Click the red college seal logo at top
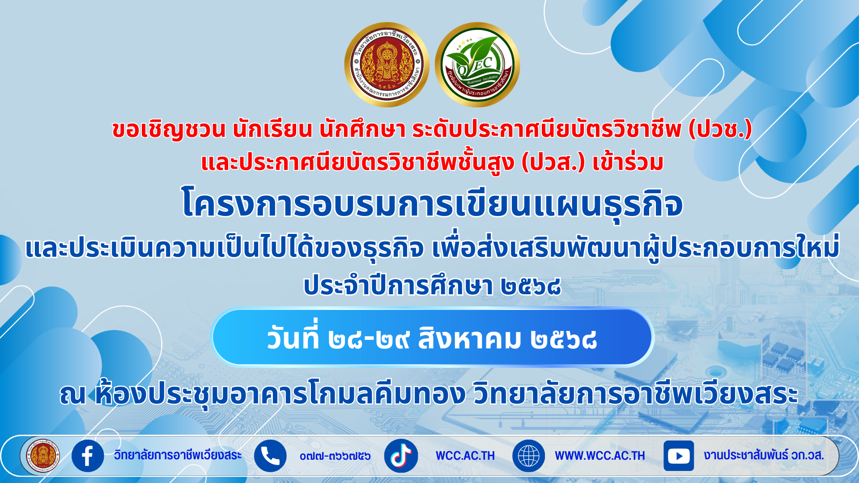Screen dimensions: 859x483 tap(387, 65)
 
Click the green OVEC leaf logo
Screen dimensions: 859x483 tap(477, 65)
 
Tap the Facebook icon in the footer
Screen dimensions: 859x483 tap(88, 456)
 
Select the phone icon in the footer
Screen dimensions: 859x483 tap(270, 456)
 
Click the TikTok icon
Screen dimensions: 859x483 tap(401, 456)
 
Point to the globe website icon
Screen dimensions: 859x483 tap(528, 456)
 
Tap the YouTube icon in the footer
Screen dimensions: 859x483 tap(678, 456)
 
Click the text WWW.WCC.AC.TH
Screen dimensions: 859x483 tap(600, 456)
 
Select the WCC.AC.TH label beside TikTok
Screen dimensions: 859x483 tap(465, 456)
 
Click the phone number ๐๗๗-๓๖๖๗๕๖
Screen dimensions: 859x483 tap(335, 456)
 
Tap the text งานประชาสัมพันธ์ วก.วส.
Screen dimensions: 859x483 tap(764, 455)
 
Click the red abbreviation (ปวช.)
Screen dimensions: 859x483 tap(720, 129)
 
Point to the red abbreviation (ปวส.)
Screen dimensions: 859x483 tap(553, 162)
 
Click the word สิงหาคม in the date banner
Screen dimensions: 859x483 tap(470, 339)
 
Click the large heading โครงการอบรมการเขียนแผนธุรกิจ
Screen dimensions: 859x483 tap(432, 204)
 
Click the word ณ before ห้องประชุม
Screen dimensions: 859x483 tap(73, 394)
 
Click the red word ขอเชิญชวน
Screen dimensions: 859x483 tap(169, 130)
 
